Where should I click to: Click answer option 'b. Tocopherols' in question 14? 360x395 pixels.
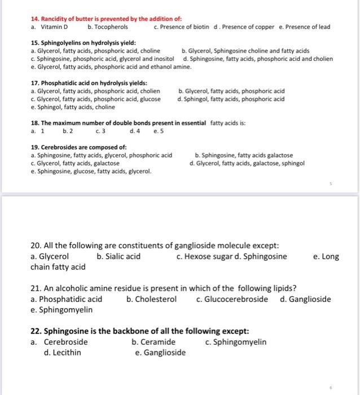[108, 27]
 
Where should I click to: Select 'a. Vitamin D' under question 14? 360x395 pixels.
[49, 27]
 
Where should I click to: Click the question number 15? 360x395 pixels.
[35, 43]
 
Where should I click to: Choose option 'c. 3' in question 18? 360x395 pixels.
[100, 131]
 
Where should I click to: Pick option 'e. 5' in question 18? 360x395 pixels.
[159, 131]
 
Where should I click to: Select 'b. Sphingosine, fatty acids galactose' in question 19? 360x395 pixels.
[243, 155]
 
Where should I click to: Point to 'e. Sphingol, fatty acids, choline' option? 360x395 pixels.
[73, 107]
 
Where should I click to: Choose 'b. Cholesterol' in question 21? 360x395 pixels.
[152, 299]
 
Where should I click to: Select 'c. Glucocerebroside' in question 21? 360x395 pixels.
[232, 299]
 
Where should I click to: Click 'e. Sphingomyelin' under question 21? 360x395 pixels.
[62, 310]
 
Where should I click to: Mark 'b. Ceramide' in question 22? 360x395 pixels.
[153, 342]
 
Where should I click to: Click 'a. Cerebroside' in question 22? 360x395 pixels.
[59, 342]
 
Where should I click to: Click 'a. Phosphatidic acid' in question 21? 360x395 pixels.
[67, 299]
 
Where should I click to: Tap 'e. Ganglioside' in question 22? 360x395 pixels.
[160, 353]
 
